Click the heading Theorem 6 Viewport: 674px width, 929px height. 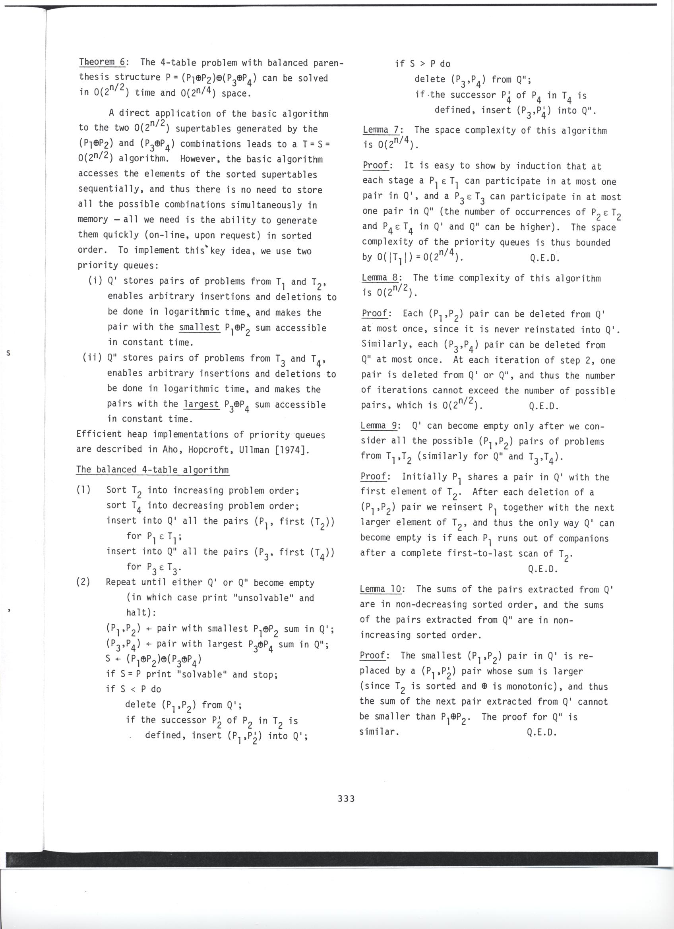click(x=102, y=62)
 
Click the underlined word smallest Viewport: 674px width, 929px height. click(x=199, y=328)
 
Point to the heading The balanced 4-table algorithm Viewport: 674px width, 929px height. click(x=153, y=469)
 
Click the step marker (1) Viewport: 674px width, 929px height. click(x=84, y=490)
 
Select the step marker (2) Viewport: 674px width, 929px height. click(x=84, y=583)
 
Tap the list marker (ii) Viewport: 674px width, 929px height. click(x=92, y=358)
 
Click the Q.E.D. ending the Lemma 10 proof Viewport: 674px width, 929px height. click(x=541, y=732)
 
